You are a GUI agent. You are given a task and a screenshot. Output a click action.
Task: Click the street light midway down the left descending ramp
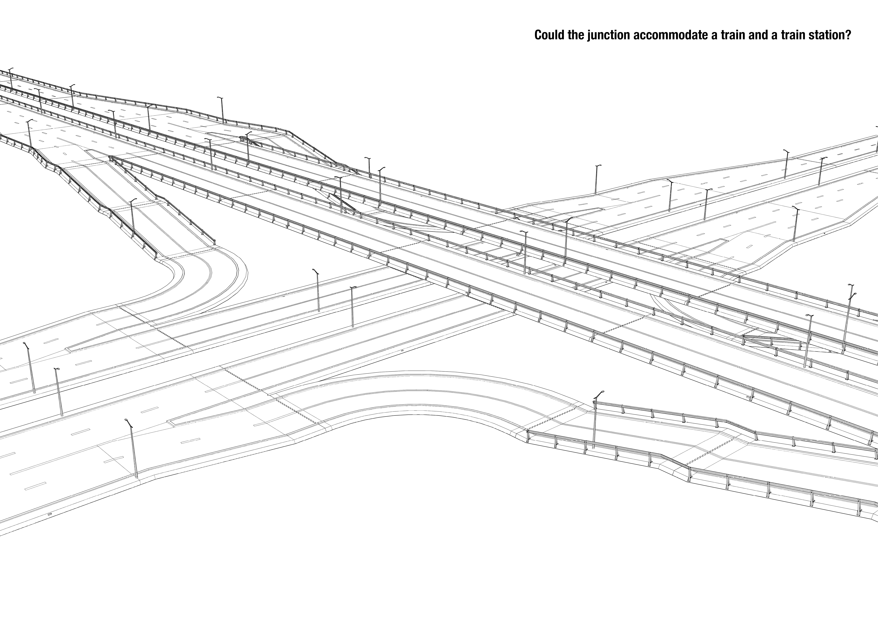click(132, 218)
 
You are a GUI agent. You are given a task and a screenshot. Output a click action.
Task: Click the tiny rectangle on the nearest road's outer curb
click(49, 515)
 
